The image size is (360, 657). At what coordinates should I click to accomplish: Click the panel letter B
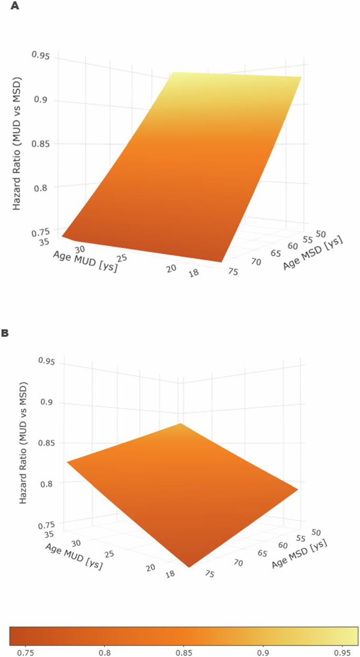(5, 333)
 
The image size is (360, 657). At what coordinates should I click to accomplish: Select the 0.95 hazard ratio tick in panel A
(41, 54)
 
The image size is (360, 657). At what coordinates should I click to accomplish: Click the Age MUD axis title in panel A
(85, 261)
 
